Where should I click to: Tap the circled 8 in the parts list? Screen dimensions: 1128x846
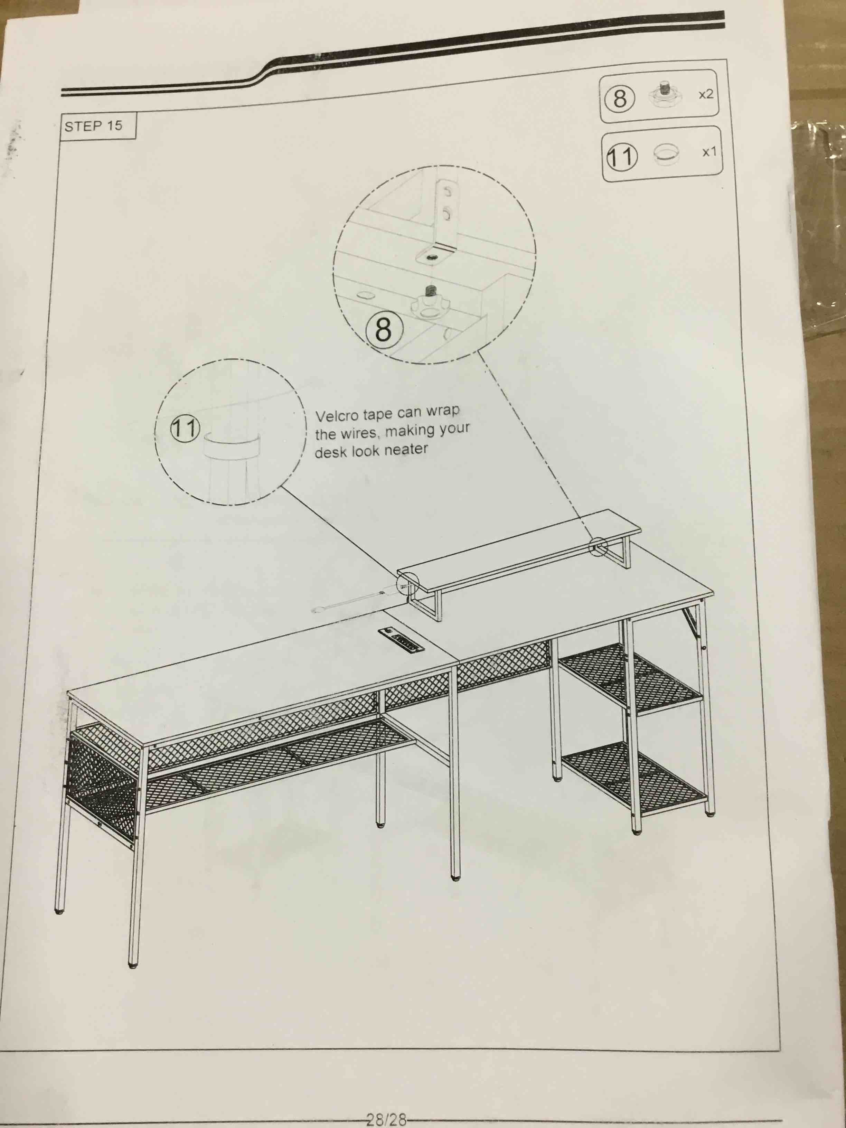pyautogui.click(x=620, y=98)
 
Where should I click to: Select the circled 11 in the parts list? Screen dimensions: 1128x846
pyautogui.click(x=621, y=157)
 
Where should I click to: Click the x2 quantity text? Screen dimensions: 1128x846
pyautogui.click(x=706, y=94)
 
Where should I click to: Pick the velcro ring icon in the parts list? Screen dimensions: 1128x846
pyautogui.click(x=666, y=154)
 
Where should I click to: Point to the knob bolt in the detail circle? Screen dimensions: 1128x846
pyautogui.click(x=429, y=301)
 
